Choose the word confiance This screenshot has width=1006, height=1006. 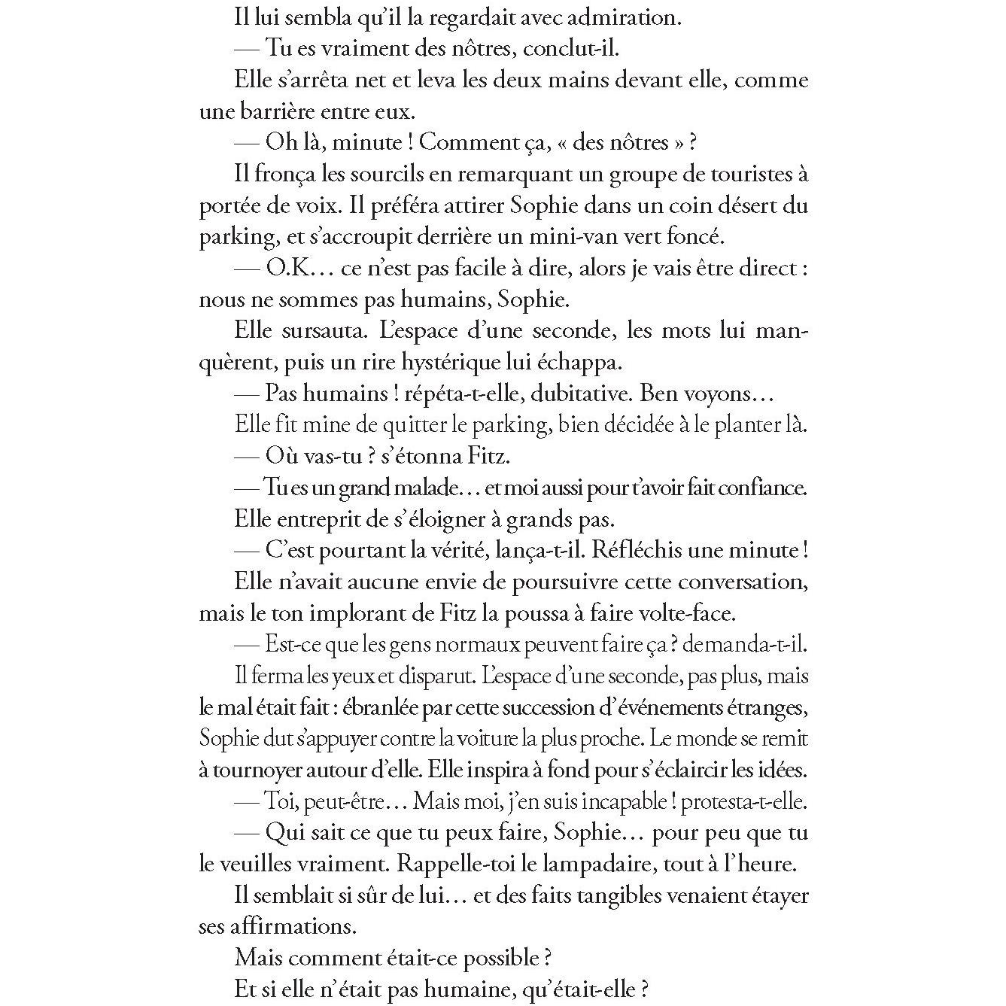761,488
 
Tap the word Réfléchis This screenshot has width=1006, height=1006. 635,550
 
